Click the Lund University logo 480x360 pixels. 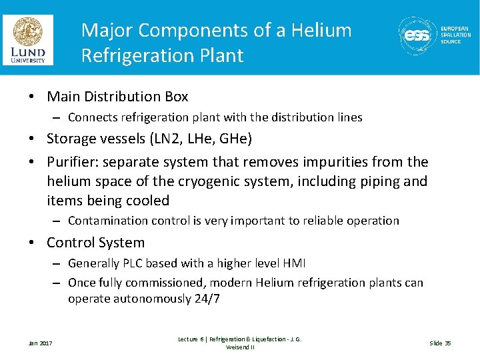coord(27,40)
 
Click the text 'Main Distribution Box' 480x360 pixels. coord(117,97)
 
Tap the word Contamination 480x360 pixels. coord(107,221)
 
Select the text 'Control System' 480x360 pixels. coord(95,243)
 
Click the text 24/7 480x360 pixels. coord(207,299)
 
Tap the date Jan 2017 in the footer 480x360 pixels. coord(41,343)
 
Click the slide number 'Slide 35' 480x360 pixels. coord(440,343)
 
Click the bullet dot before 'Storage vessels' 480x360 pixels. coord(32,139)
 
